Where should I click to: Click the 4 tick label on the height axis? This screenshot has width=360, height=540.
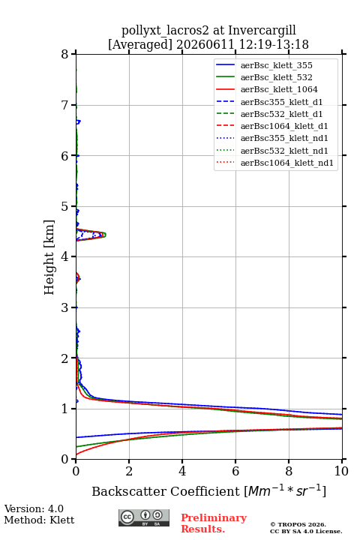(64, 256)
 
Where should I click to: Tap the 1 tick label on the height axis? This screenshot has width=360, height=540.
(64, 409)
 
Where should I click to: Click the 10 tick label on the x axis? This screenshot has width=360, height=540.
(341, 471)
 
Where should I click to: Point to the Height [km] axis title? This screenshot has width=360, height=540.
(49, 257)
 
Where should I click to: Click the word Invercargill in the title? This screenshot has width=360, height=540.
(262, 31)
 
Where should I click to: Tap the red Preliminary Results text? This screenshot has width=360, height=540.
(214, 523)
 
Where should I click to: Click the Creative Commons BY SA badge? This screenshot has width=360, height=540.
(144, 517)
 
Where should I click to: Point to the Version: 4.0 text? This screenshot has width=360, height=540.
(34, 508)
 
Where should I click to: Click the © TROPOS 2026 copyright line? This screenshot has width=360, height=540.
(298, 524)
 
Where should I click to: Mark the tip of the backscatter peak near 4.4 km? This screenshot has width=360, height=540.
(106, 235)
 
